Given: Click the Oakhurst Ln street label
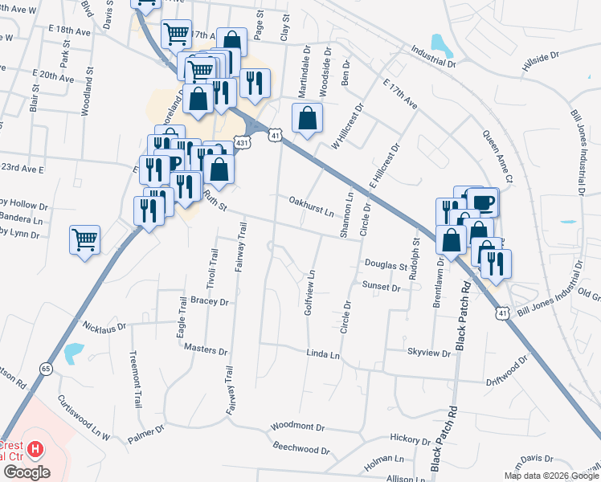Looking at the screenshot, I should (311, 206).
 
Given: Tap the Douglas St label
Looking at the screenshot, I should (386, 265).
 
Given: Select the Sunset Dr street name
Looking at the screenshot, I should (381, 287).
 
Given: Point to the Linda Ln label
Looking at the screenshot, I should (323, 354).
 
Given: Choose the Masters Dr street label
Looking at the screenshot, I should (206, 350).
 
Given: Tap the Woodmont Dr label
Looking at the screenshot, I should (297, 427).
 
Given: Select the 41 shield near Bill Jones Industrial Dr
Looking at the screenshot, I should (503, 312).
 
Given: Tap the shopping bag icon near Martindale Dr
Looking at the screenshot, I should (307, 119).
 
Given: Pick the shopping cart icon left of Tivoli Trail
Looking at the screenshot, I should (84, 239).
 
